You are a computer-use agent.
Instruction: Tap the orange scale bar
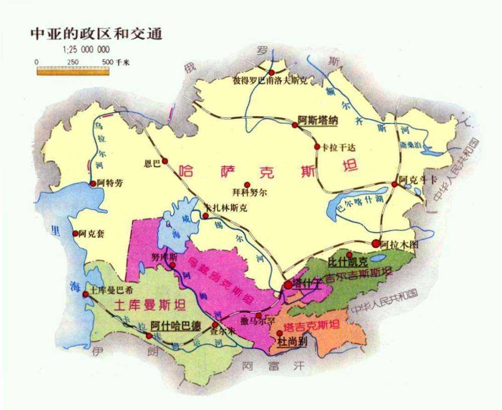tap(73, 71)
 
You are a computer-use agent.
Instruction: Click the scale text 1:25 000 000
tap(86, 50)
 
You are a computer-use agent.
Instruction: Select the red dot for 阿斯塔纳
tap(295, 125)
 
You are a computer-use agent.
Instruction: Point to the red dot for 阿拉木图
tap(376, 243)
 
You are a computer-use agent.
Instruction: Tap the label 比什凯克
tap(348, 262)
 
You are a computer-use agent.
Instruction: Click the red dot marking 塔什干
tap(288, 285)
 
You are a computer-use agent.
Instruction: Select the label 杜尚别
tap(292, 342)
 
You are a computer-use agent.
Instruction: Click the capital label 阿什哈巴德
tap(176, 325)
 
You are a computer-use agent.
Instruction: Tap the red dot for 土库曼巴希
tap(86, 294)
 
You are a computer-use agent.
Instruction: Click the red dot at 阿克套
tap(75, 233)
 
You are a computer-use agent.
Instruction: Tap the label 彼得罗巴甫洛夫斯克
tap(270, 80)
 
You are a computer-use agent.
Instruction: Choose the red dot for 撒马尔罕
tap(259, 315)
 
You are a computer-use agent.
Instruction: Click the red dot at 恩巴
tap(165, 161)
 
